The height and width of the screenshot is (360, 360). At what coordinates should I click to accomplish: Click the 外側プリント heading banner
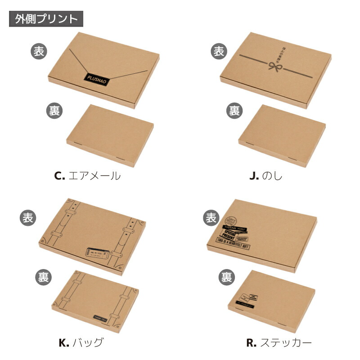46,19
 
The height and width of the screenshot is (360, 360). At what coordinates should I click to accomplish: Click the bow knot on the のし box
274,67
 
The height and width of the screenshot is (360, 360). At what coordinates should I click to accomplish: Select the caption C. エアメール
87,175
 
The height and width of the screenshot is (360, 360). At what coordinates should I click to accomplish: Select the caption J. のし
266,175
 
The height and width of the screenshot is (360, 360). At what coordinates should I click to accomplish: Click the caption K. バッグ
81,342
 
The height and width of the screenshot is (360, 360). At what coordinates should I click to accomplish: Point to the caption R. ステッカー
279,342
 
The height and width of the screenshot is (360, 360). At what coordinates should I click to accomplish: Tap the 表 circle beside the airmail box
39,51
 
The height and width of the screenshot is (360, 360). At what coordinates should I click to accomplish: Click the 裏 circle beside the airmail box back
54,110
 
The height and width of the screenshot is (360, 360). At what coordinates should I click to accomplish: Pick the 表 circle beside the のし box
218,51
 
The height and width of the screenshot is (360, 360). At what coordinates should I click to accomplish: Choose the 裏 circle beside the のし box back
234,110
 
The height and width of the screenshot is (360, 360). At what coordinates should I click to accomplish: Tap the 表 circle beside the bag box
28,218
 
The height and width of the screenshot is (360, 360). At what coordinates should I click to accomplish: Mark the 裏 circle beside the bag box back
43,275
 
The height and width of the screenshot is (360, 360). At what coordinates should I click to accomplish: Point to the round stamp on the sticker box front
230,222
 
